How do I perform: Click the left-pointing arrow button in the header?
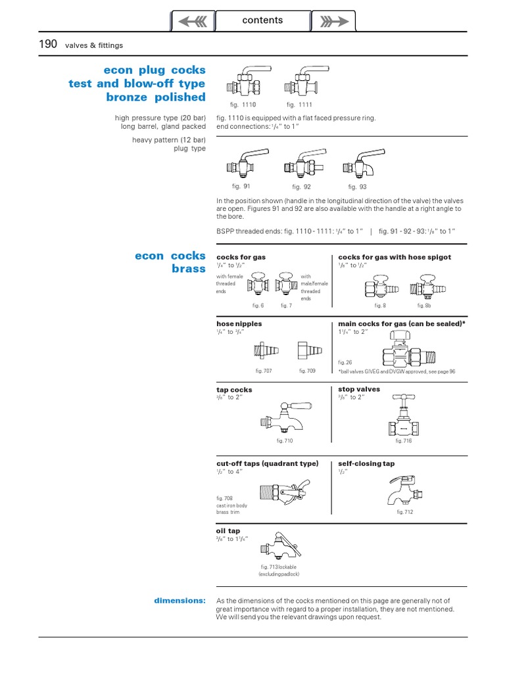point(192,21)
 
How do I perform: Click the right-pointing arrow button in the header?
point(333,21)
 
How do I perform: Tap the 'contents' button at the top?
point(262,20)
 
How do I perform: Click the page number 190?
point(48,44)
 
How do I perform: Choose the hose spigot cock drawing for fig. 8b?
point(425,285)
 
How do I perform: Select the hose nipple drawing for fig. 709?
point(306,349)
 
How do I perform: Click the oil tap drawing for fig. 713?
point(279,545)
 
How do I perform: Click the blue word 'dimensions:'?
point(180,600)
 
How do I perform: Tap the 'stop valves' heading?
point(359,389)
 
